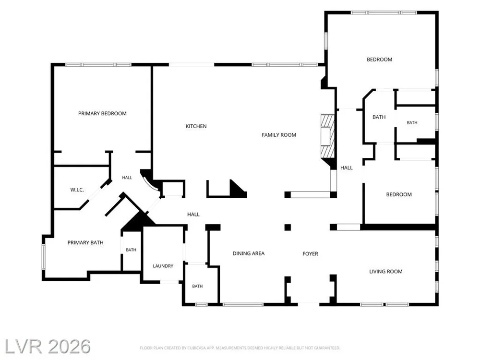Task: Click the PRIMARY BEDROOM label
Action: pyautogui.click(x=102, y=114)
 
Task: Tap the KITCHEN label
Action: pyautogui.click(x=196, y=126)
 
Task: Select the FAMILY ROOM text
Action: pyautogui.click(x=278, y=135)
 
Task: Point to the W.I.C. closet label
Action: pyautogui.click(x=77, y=190)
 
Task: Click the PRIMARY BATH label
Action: pyautogui.click(x=85, y=243)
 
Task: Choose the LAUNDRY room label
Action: pyautogui.click(x=163, y=266)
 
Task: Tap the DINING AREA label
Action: pyautogui.click(x=249, y=253)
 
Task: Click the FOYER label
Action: pyautogui.click(x=310, y=254)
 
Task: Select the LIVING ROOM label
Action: pyautogui.click(x=386, y=272)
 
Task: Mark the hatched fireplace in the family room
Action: pyautogui.click(x=328, y=136)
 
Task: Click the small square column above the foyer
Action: pyautogui.click(x=288, y=227)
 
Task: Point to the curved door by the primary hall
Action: pyautogui.click(x=149, y=182)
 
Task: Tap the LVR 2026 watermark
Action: pyautogui.click(x=47, y=347)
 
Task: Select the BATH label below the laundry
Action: pyautogui.click(x=197, y=287)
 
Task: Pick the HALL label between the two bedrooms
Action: pyautogui.click(x=347, y=168)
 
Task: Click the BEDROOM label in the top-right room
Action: pyautogui.click(x=380, y=60)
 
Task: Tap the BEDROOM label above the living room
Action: pyautogui.click(x=399, y=194)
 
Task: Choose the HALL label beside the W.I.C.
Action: pyautogui.click(x=127, y=178)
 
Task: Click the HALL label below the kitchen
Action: pyautogui.click(x=193, y=215)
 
